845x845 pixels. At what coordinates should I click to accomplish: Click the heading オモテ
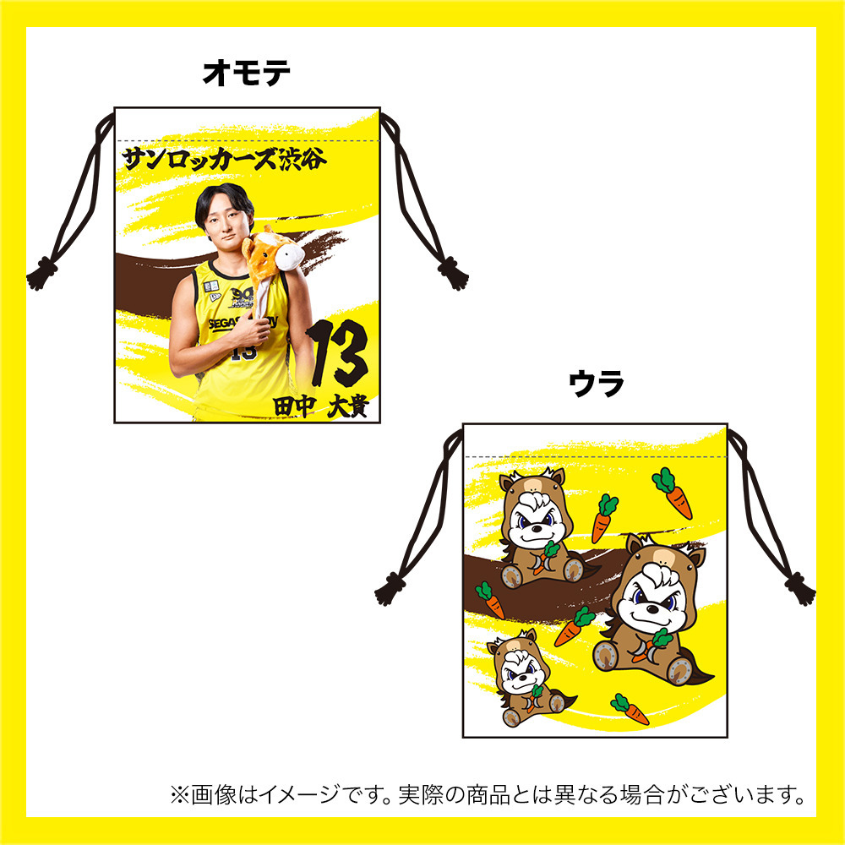pos(247,74)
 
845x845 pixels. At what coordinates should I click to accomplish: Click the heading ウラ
pos(596,385)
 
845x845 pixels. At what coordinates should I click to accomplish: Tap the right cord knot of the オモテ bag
pos(454,275)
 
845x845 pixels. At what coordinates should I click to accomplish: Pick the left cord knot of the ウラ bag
pos(390,587)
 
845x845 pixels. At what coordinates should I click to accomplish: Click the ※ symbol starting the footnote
pos(177,795)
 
